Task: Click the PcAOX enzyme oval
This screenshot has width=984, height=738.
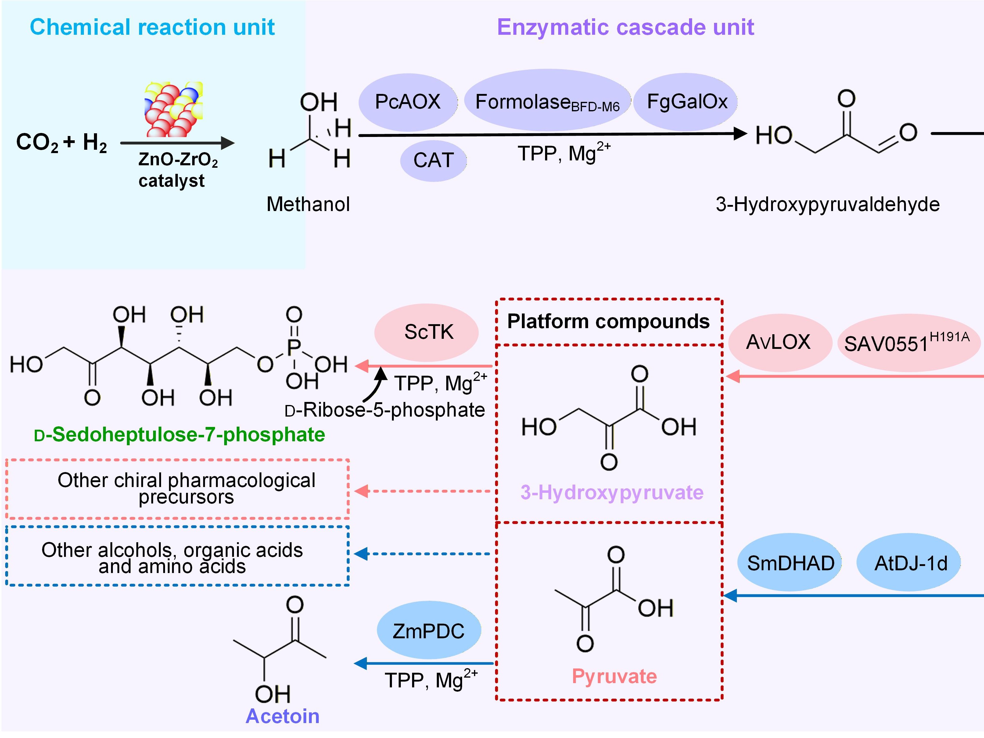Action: click(x=408, y=102)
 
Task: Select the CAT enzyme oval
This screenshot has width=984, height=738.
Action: click(x=433, y=160)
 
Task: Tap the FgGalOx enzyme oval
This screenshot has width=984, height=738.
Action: click(x=686, y=102)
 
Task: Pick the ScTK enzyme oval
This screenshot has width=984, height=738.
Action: click(x=428, y=332)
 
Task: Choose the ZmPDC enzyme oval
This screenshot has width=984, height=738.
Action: click(x=428, y=631)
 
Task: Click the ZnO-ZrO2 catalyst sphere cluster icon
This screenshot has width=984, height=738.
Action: click(x=174, y=109)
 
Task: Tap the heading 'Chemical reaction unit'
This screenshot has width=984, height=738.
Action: click(x=152, y=27)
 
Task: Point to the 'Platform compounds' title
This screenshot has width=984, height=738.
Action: click(x=608, y=321)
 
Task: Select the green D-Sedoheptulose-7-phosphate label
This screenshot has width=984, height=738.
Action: click(x=180, y=435)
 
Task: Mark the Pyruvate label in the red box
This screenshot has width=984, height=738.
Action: click(x=614, y=676)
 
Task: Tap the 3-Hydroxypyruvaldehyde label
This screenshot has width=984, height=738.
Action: click(x=828, y=204)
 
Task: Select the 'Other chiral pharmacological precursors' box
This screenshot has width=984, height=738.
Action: click(x=178, y=489)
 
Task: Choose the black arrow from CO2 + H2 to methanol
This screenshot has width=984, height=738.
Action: click(x=177, y=143)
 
